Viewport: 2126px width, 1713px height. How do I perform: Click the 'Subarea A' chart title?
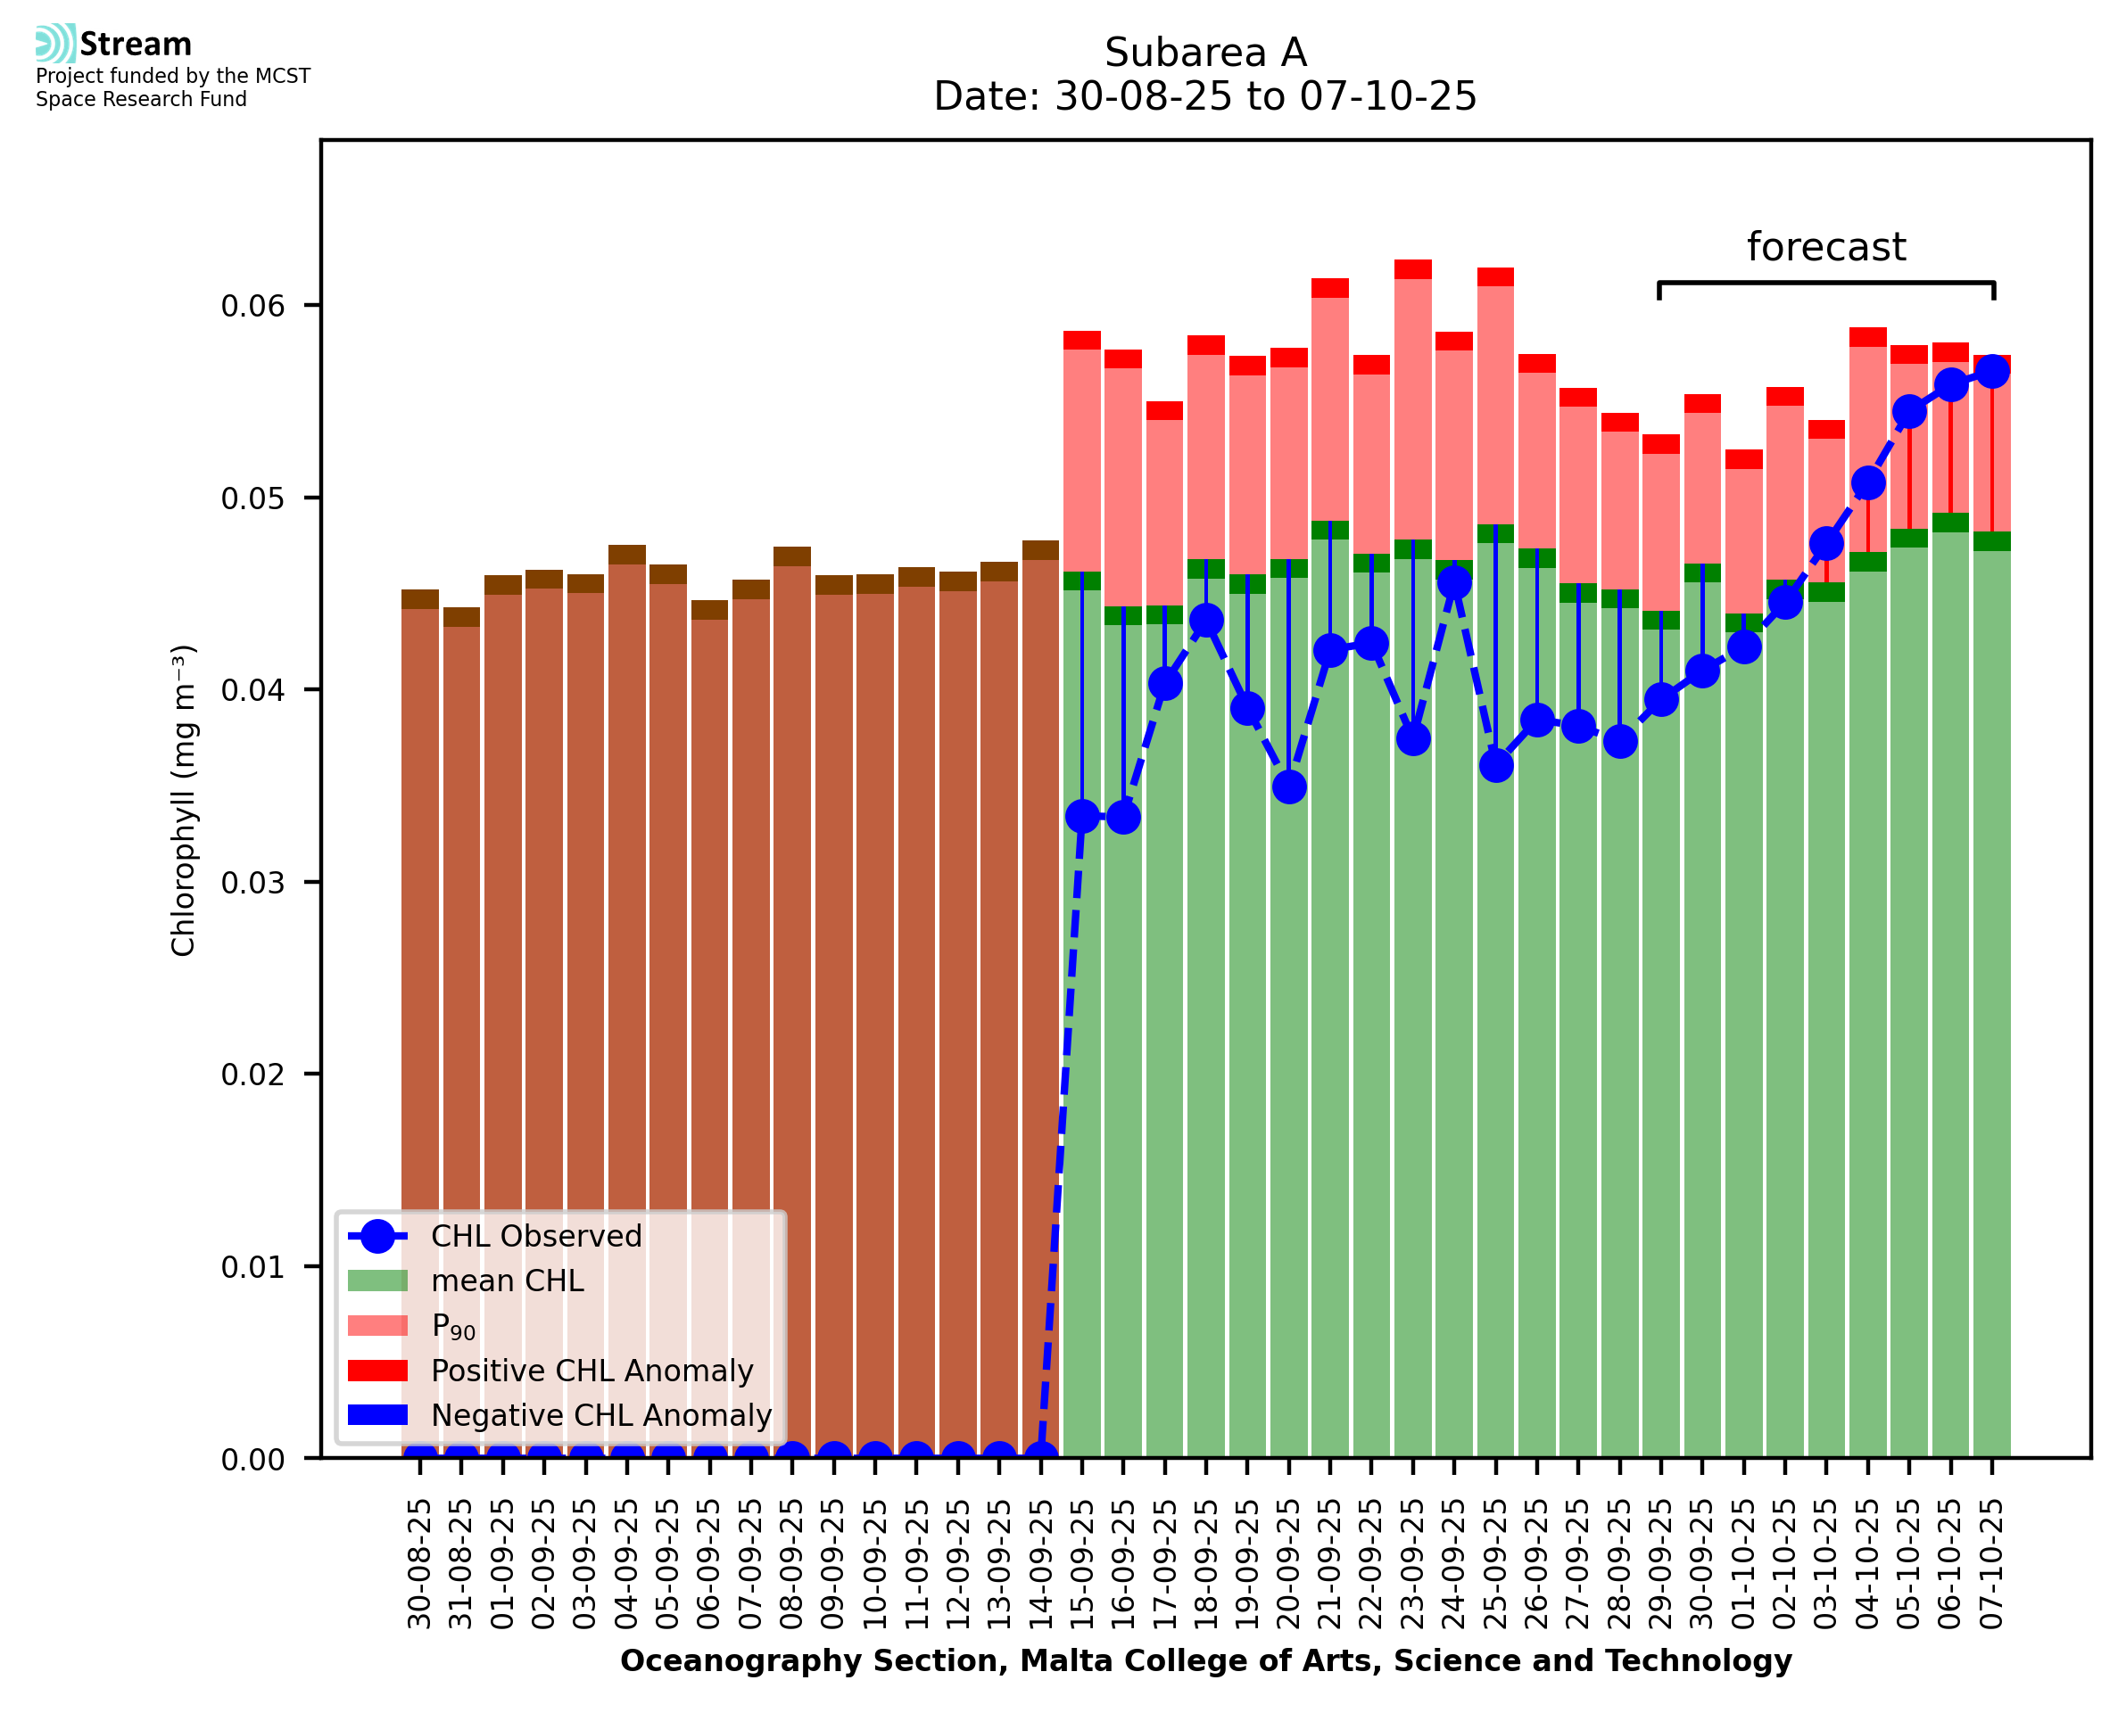1204,53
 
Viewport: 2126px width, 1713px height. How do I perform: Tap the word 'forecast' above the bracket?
1825,247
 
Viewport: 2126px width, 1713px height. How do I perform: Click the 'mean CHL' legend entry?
508,1281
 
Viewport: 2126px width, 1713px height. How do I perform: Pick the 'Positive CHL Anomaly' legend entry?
591,1371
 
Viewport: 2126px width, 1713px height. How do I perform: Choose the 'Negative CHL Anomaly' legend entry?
600,1415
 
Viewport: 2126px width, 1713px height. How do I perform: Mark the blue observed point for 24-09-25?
1454,583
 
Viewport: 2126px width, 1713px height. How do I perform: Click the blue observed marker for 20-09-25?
1289,786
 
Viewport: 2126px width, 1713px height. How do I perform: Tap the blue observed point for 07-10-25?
1992,371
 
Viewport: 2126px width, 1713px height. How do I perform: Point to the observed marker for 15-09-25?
1082,816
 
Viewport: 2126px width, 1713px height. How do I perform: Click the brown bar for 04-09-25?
627,987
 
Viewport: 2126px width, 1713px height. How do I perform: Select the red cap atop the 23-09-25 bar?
1412,269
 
